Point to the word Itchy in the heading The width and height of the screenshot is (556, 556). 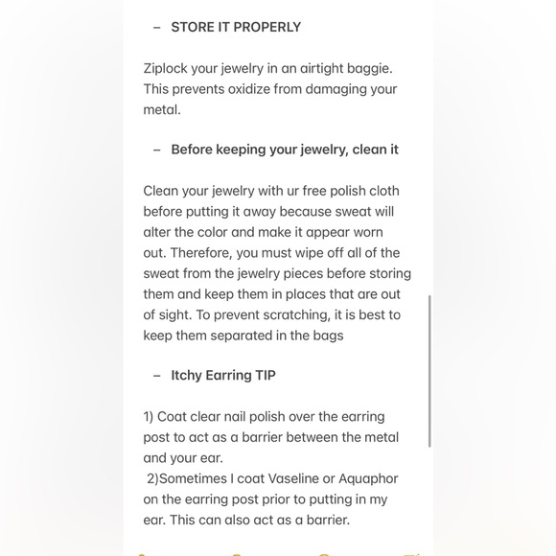[x=187, y=375]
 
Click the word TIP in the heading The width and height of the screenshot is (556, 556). [x=265, y=375]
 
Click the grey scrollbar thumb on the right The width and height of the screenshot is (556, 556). [x=429, y=370]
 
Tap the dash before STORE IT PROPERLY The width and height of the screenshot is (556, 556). [x=157, y=28]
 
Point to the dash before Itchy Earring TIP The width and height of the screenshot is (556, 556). [x=157, y=376]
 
